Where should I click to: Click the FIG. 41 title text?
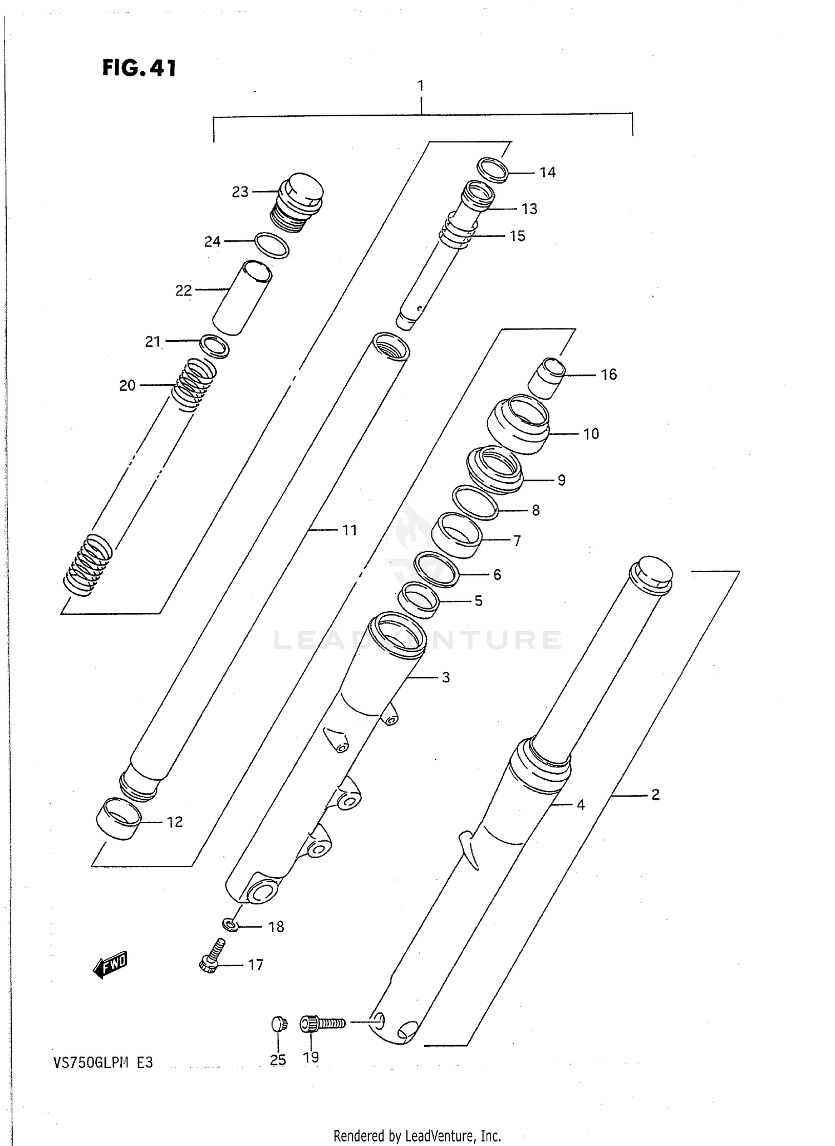139,68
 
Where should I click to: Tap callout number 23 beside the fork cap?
240,192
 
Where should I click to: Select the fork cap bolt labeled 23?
297,201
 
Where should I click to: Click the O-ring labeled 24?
272,245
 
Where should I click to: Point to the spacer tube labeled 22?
243,298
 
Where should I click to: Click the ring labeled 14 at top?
493,170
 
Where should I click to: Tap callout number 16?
608,375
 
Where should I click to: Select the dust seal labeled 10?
518,424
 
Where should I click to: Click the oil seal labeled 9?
494,469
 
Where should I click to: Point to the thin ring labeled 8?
475,503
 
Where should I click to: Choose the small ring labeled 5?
419,600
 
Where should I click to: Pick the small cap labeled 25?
279,1024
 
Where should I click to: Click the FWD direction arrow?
111,965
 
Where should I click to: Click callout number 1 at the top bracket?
421,86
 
